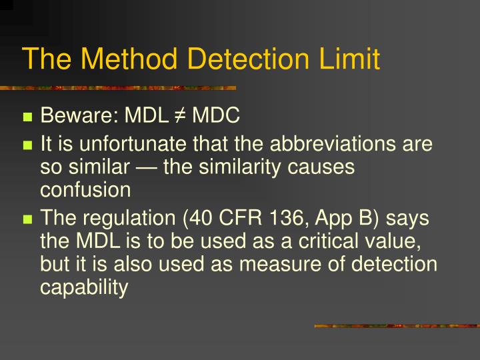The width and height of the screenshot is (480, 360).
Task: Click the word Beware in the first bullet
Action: tap(78, 117)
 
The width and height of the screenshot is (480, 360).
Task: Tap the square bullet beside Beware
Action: tap(28, 118)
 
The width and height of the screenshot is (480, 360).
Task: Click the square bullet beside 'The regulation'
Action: tap(28, 219)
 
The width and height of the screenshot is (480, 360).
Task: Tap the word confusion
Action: tap(86, 189)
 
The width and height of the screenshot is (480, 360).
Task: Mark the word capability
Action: tap(84, 289)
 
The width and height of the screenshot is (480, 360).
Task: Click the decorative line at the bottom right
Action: tap(397, 326)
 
